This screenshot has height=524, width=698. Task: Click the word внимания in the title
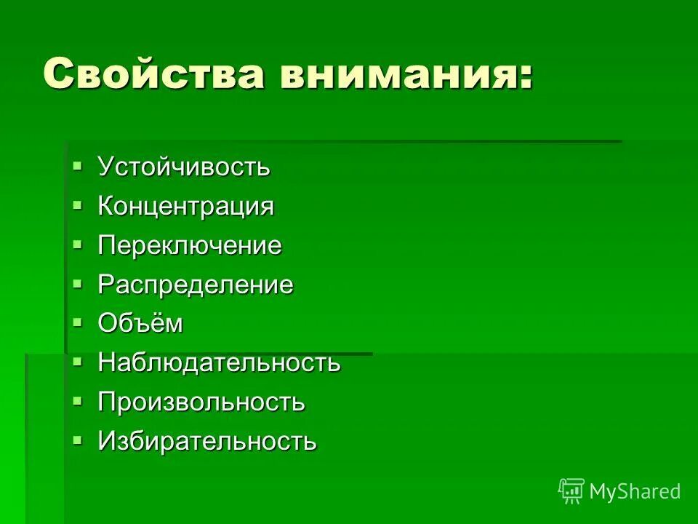point(401,74)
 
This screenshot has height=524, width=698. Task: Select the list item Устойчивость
point(184,167)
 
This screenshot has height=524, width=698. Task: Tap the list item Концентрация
point(186,207)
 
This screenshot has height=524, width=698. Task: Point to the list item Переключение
point(190,246)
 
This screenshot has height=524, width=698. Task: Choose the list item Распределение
point(196,285)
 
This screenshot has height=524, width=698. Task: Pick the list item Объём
point(140,324)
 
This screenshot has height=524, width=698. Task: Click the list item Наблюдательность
point(219,363)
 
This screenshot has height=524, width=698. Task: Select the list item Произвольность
point(201,402)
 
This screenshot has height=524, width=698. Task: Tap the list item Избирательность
point(207,442)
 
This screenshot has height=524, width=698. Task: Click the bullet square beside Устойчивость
point(78,166)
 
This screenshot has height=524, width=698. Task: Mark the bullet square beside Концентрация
point(78,205)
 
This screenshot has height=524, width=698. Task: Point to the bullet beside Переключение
point(78,245)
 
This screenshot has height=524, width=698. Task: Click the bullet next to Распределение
point(78,284)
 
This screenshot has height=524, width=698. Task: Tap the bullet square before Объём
point(78,322)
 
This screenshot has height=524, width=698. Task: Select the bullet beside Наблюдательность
point(78,362)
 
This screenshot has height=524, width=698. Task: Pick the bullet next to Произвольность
point(78,401)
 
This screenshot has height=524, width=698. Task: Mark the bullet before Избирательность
point(78,440)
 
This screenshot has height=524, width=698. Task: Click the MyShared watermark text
point(635,492)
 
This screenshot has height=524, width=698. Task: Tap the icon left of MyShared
point(571,491)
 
